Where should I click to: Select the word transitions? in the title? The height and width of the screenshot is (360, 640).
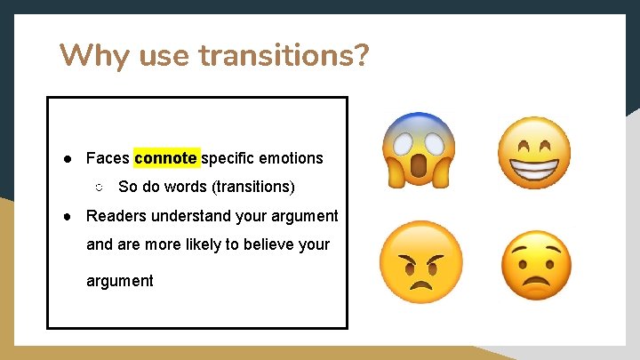(x=284, y=57)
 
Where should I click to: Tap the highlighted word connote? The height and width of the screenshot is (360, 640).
(x=166, y=158)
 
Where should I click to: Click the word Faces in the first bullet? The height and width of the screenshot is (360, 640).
(x=108, y=158)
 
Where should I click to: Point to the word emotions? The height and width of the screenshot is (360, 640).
(x=291, y=158)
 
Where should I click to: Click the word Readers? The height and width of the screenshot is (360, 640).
(x=115, y=216)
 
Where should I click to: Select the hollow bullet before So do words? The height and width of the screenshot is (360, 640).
(x=99, y=188)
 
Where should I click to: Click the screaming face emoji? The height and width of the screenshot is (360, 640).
(x=419, y=150)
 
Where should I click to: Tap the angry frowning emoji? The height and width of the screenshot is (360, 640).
(x=420, y=261)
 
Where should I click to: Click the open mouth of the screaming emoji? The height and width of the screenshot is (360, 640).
(x=419, y=166)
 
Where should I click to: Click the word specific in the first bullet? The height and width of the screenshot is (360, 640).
(x=228, y=158)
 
